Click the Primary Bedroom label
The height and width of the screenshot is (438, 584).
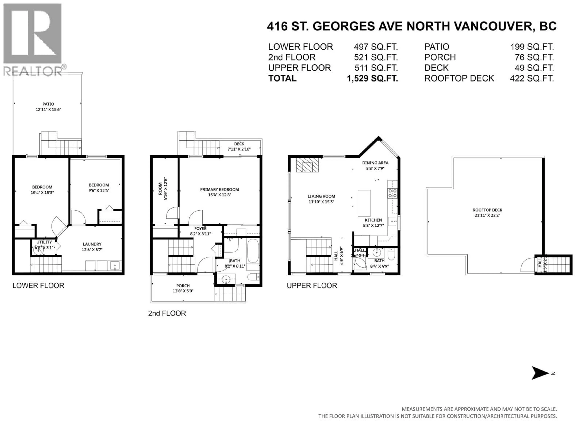[x=219, y=189]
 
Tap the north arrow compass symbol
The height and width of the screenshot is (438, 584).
[x=539, y=373]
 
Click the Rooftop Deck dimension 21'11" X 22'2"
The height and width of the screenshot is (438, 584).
[x=487, y=215]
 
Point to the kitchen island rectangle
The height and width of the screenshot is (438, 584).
[x=364, y=203]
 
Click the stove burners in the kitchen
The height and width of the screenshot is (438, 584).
[x=392, y=193]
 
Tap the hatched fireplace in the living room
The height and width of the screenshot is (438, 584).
[x=307, y=165]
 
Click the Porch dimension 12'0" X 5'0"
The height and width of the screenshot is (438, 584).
[x=183, y=291]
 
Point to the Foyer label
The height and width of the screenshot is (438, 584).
[x=200, y=228]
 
